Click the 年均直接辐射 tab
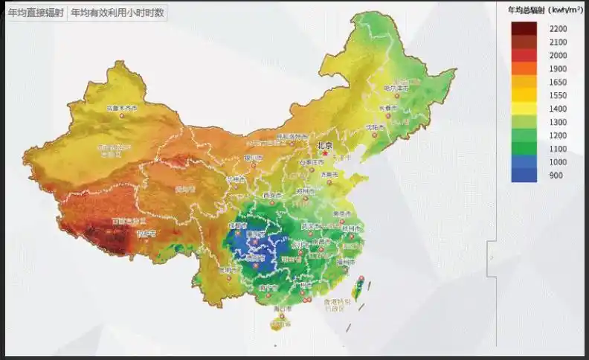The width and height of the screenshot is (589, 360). [36, 13]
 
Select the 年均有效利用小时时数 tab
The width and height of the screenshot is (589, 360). [117, 13]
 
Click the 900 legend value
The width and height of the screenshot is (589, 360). [556, 176]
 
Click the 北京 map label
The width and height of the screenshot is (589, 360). [324, 147]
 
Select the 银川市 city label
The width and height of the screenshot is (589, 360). [254, 158]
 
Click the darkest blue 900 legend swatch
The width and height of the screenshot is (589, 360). [524, 176]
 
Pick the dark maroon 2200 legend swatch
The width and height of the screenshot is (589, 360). [524, 29]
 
